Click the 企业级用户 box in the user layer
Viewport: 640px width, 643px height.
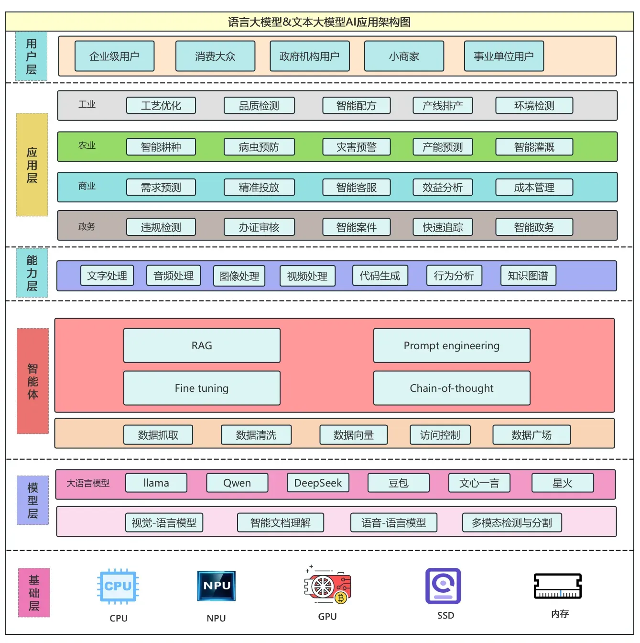(114, 56)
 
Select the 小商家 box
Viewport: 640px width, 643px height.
(404, 56)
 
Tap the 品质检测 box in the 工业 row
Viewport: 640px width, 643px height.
(259, 105)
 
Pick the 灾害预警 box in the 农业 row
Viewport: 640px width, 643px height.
(356, 147)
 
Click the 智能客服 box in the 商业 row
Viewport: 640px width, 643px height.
(356, 187)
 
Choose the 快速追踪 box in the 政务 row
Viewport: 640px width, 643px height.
(443, 227)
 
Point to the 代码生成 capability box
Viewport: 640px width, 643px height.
(380, 276)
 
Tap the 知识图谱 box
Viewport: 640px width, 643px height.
(528, 276)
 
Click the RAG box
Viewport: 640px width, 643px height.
(202, 345)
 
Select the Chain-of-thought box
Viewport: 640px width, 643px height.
(452, 388)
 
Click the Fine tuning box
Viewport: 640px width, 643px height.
(202, 388)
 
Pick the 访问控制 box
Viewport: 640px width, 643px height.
(440, 435)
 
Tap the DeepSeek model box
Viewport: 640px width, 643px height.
(318, 483)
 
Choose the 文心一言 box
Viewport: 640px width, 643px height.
(479, 483)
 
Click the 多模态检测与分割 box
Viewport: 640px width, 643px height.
(511, 522)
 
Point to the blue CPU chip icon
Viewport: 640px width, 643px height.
(118, 586)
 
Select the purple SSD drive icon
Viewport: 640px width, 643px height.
(443, 586)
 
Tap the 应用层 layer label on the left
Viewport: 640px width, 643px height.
(32, 165)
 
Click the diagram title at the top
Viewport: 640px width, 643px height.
(319, 22)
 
